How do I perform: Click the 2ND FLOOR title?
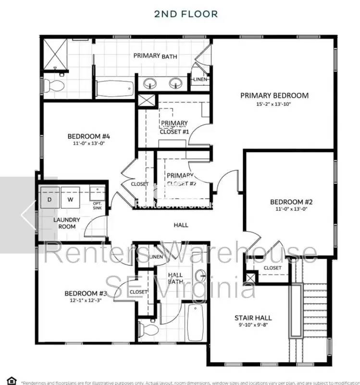pyautogui.click(x=186, y=13)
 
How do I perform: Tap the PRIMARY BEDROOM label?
pyautogui.click(x=274, y=95)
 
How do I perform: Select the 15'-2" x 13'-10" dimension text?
pyautogui.click(x=274, y=104)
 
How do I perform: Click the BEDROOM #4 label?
pyautogui.click(x=86, y=136)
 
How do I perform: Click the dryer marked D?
pyautogui.click(x=50, y=199)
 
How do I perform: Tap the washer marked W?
pyautogui.click(x=70, y=199)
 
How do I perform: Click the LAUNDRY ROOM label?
pyautogui.click(x=67, y=223)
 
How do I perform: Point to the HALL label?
pyautogui.click(x=181, y=225)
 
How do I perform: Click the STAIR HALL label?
pyautogui.click(x=253, y=318)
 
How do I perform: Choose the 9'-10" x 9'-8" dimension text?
pyautogui.click(x=253, y=326)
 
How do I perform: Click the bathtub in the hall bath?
pyautogui.click(x=196, y=321)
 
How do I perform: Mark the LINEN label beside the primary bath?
pyautogui.click(x=199, y=79)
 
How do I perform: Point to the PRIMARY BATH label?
pyautogui.click(x=155, y=56)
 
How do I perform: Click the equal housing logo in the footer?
pyautogui.click(x=12, y=381)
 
